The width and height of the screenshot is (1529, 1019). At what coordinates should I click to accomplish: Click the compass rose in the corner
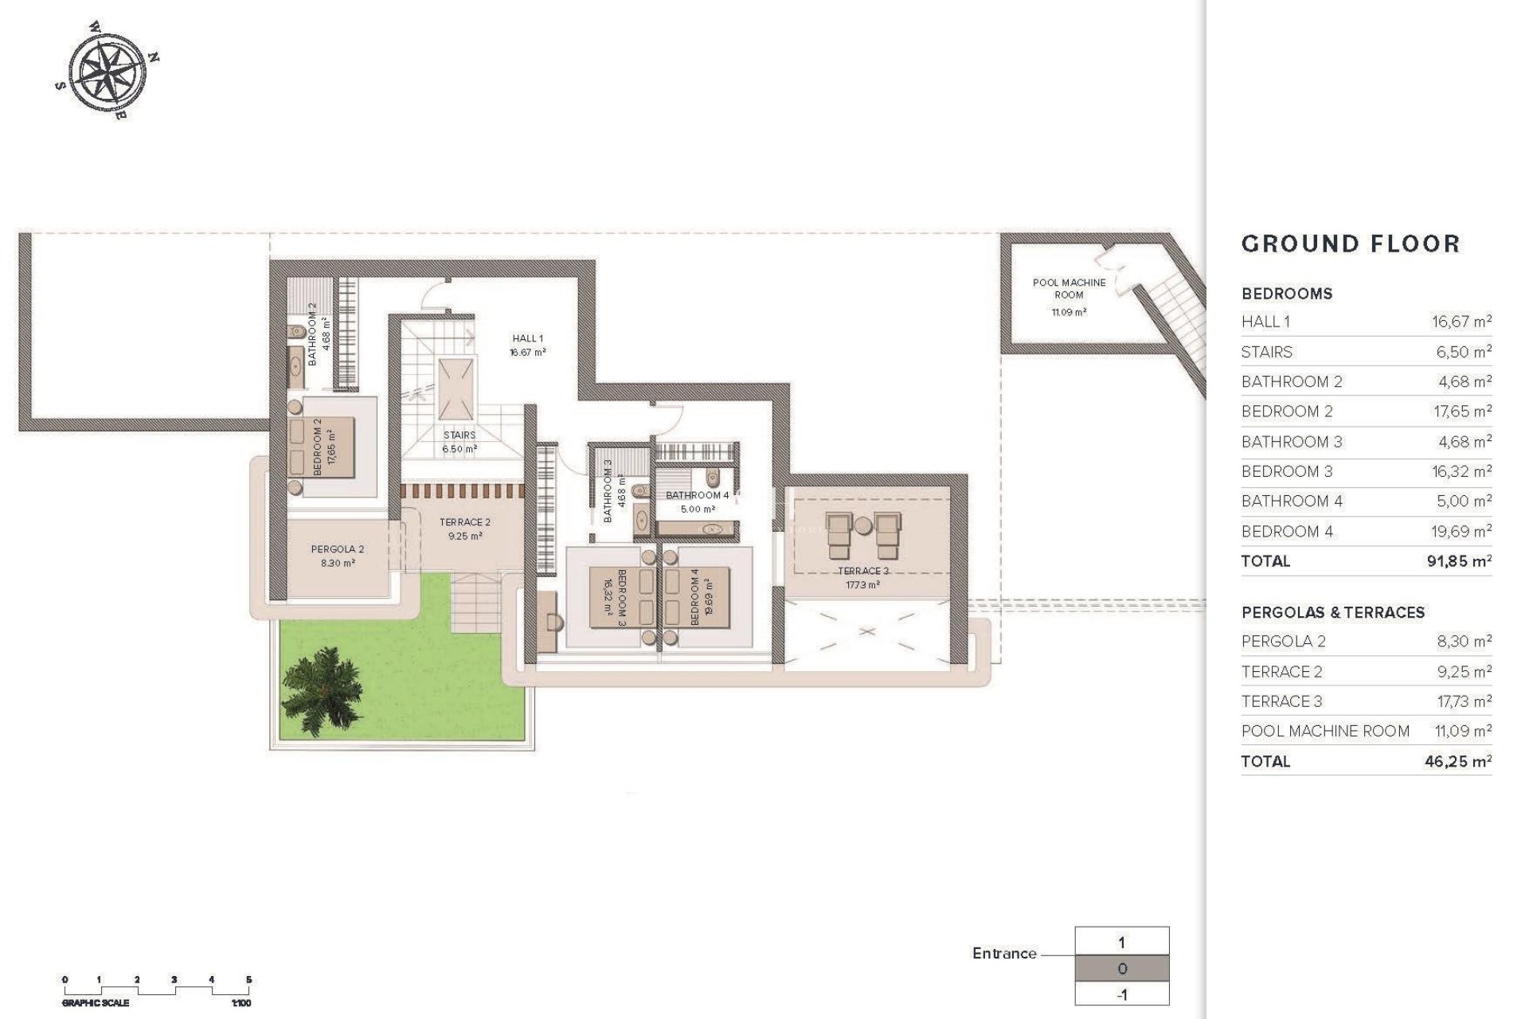(108, 70)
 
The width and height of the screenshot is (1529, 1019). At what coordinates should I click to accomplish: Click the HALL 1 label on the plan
(528, 339)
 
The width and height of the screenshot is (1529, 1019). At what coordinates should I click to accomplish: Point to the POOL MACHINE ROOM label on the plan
(1069, 288)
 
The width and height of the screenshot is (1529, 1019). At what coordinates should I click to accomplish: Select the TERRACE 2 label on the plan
(465, 522)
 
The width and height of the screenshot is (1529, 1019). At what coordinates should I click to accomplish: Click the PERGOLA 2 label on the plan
(338, 549)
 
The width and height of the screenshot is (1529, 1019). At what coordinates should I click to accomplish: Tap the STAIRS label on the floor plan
(459, 435)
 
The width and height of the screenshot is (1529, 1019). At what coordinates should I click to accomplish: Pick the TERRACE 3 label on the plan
(863, 571)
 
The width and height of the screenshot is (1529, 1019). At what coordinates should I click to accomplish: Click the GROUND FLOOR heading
(1351, 244)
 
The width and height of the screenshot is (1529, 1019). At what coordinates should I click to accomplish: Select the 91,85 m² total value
(1459, 561)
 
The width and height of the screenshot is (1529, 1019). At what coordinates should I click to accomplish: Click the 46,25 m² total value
(1457, 761)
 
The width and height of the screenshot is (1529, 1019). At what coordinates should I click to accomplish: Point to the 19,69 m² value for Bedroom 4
(1461, 531)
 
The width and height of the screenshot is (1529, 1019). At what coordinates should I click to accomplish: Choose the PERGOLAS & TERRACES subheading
(1332, 612)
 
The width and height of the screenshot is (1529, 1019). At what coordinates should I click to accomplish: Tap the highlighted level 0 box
(1121, 969)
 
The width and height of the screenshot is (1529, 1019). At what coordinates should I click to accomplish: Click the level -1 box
(1121, 994)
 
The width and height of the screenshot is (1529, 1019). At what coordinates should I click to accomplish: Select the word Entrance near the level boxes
(1004, 954)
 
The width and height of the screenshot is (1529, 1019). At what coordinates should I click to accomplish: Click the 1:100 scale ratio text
(240, 1003)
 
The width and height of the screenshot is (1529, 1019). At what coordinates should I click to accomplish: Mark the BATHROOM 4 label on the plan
(698, 495)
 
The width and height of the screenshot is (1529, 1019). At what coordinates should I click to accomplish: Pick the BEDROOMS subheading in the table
(1286, 294)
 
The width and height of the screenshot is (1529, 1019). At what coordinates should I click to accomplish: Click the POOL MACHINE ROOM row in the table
(1325, 731)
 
